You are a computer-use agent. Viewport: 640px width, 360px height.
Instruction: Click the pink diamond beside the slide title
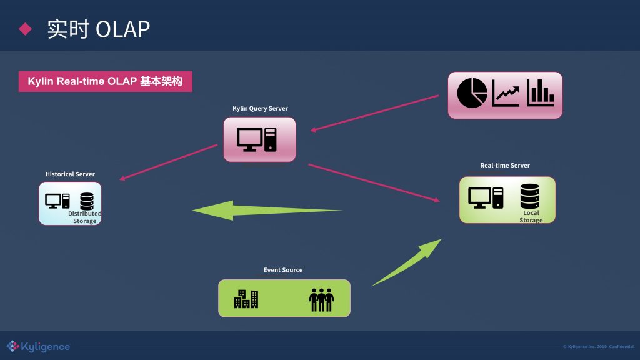pos(25,29)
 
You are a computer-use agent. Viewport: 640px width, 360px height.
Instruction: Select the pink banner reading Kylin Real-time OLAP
pos(105,82)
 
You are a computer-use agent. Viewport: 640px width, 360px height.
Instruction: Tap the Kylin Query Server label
pos(260,108)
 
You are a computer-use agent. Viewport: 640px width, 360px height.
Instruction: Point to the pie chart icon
pos(472,92)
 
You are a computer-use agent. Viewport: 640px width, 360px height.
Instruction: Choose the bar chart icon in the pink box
pos(541,93)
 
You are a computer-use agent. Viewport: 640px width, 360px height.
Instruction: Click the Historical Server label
pos(70,174)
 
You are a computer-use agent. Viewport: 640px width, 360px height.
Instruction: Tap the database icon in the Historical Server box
pos(86,201)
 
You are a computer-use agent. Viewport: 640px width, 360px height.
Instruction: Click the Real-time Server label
pos(505,165)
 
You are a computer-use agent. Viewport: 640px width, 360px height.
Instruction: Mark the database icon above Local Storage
pos(529,196)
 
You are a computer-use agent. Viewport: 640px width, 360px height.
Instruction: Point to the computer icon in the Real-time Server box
pos(486,197)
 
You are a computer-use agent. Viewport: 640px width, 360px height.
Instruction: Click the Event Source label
pos(283,270)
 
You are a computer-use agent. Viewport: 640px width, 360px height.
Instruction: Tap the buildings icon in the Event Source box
pos(246,299)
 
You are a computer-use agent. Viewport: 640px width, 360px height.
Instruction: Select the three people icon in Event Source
pos(321,299)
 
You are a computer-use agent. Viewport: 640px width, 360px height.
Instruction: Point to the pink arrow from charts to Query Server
pos(375,113)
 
